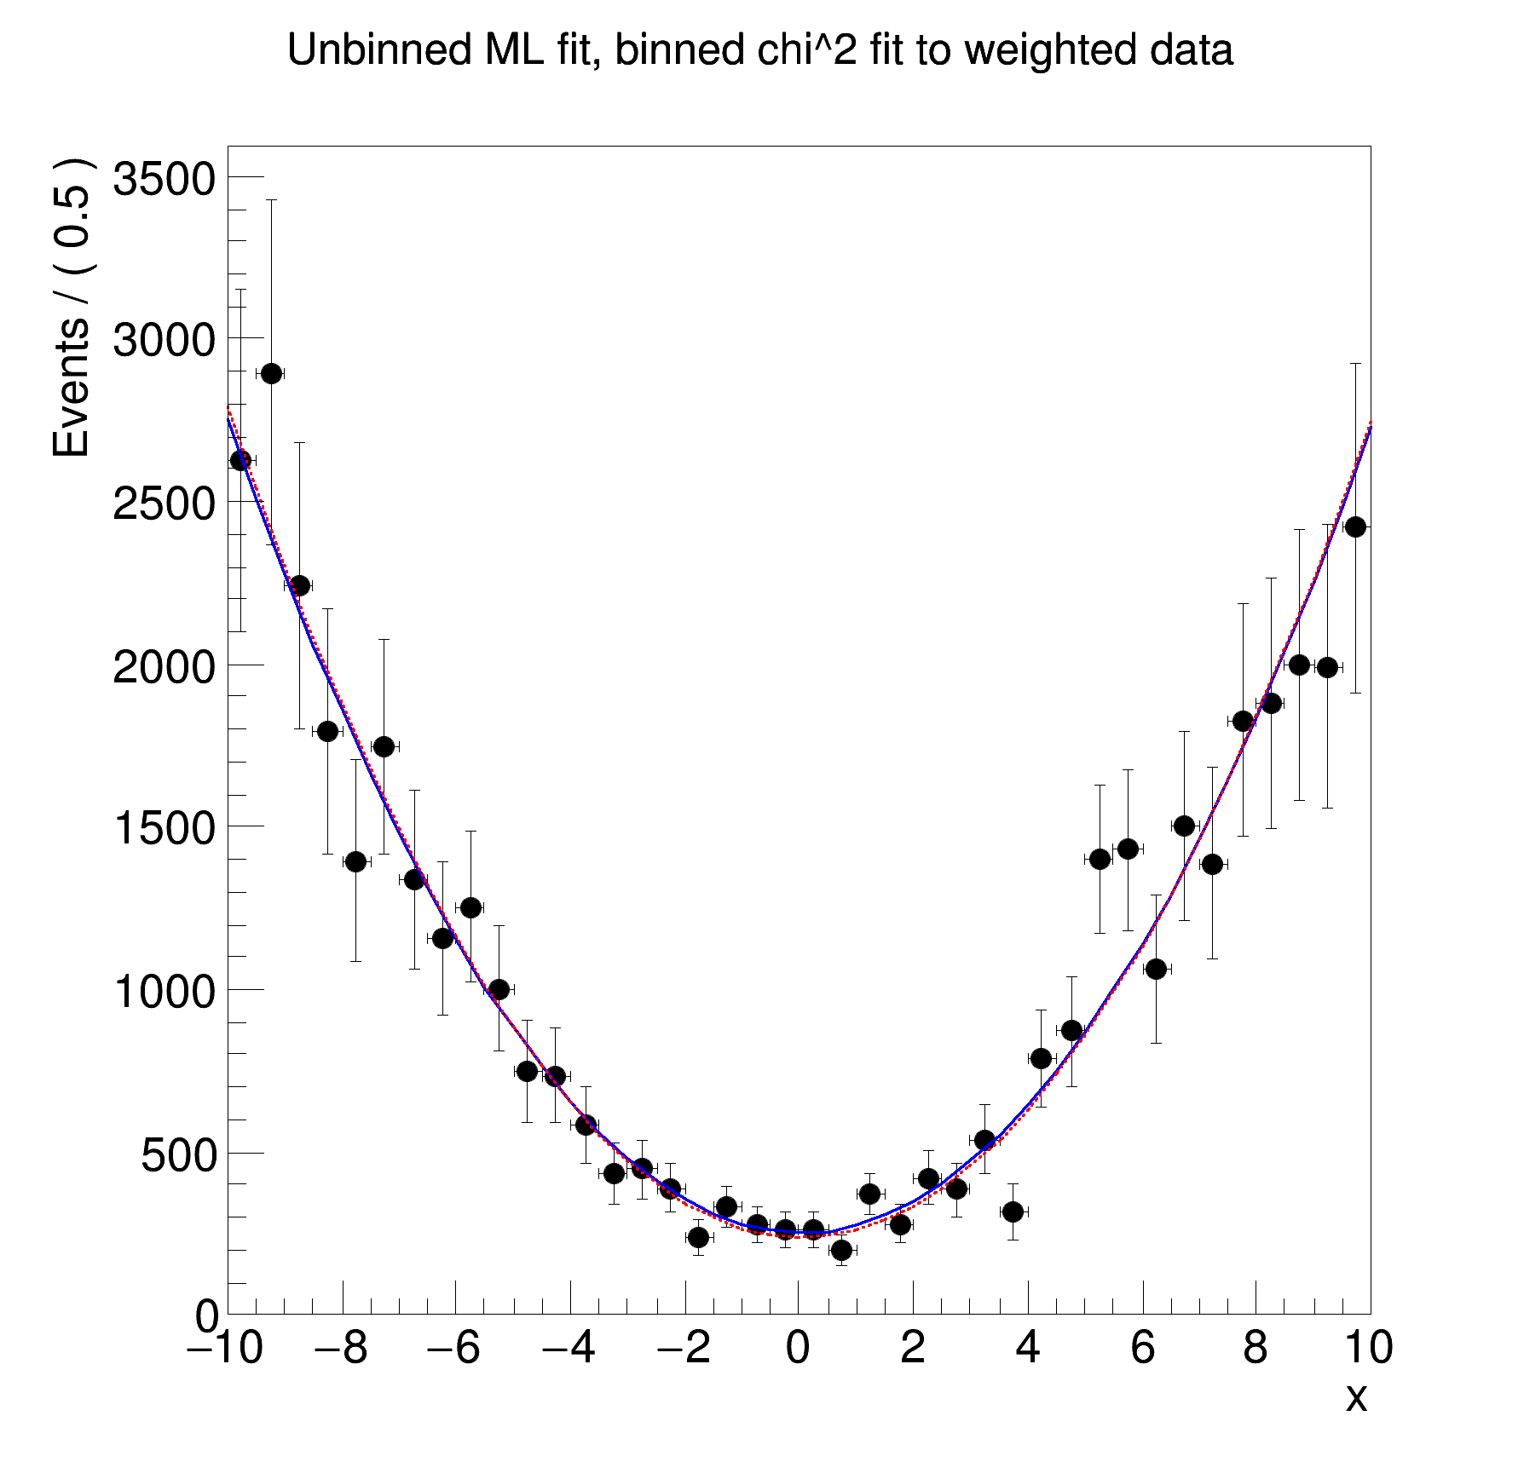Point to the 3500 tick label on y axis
coord(165,180)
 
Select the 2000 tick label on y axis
coord(165,667)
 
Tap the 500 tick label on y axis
coord(178,1155)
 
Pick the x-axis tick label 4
coord(1027,1349)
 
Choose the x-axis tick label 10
coord(1366,1349)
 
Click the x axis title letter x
coord(1355,1397)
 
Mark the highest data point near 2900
coord(271,373)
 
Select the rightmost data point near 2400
coord(1355,527)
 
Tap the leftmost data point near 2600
coord(241,460)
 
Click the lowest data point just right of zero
coord(841,1250)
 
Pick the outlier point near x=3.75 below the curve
coord(1013,1212)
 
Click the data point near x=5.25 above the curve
coord(1100,859)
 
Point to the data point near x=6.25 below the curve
coord(1156,969)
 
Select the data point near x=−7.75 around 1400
coord(355,861)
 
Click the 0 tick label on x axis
coord(797,1349)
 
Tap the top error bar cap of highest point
coord(271,200)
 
